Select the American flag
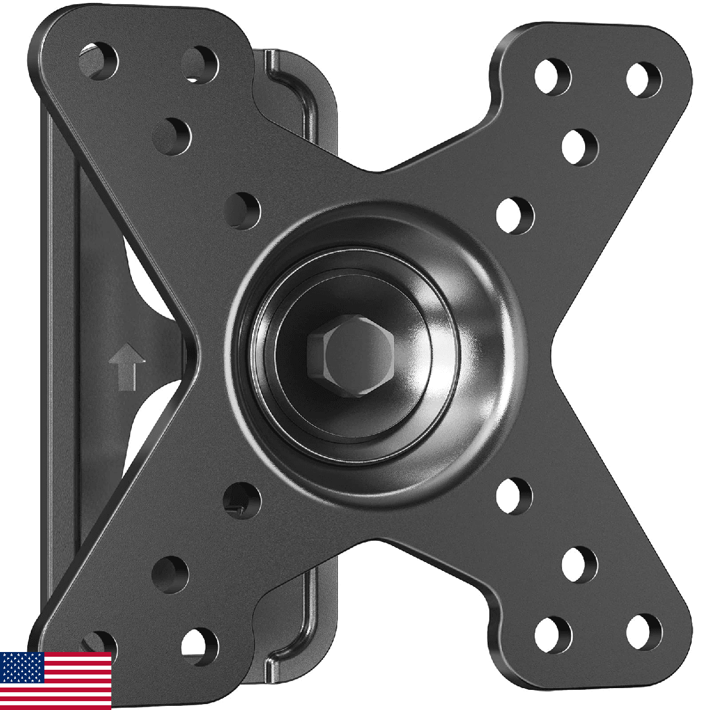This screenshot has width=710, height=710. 56,680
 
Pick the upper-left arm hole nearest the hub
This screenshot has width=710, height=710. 243,209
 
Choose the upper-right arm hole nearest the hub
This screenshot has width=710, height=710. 514,215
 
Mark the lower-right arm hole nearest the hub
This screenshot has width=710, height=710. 514,496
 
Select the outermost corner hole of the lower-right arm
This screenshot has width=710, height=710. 644,632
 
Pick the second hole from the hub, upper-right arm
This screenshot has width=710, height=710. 579,147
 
